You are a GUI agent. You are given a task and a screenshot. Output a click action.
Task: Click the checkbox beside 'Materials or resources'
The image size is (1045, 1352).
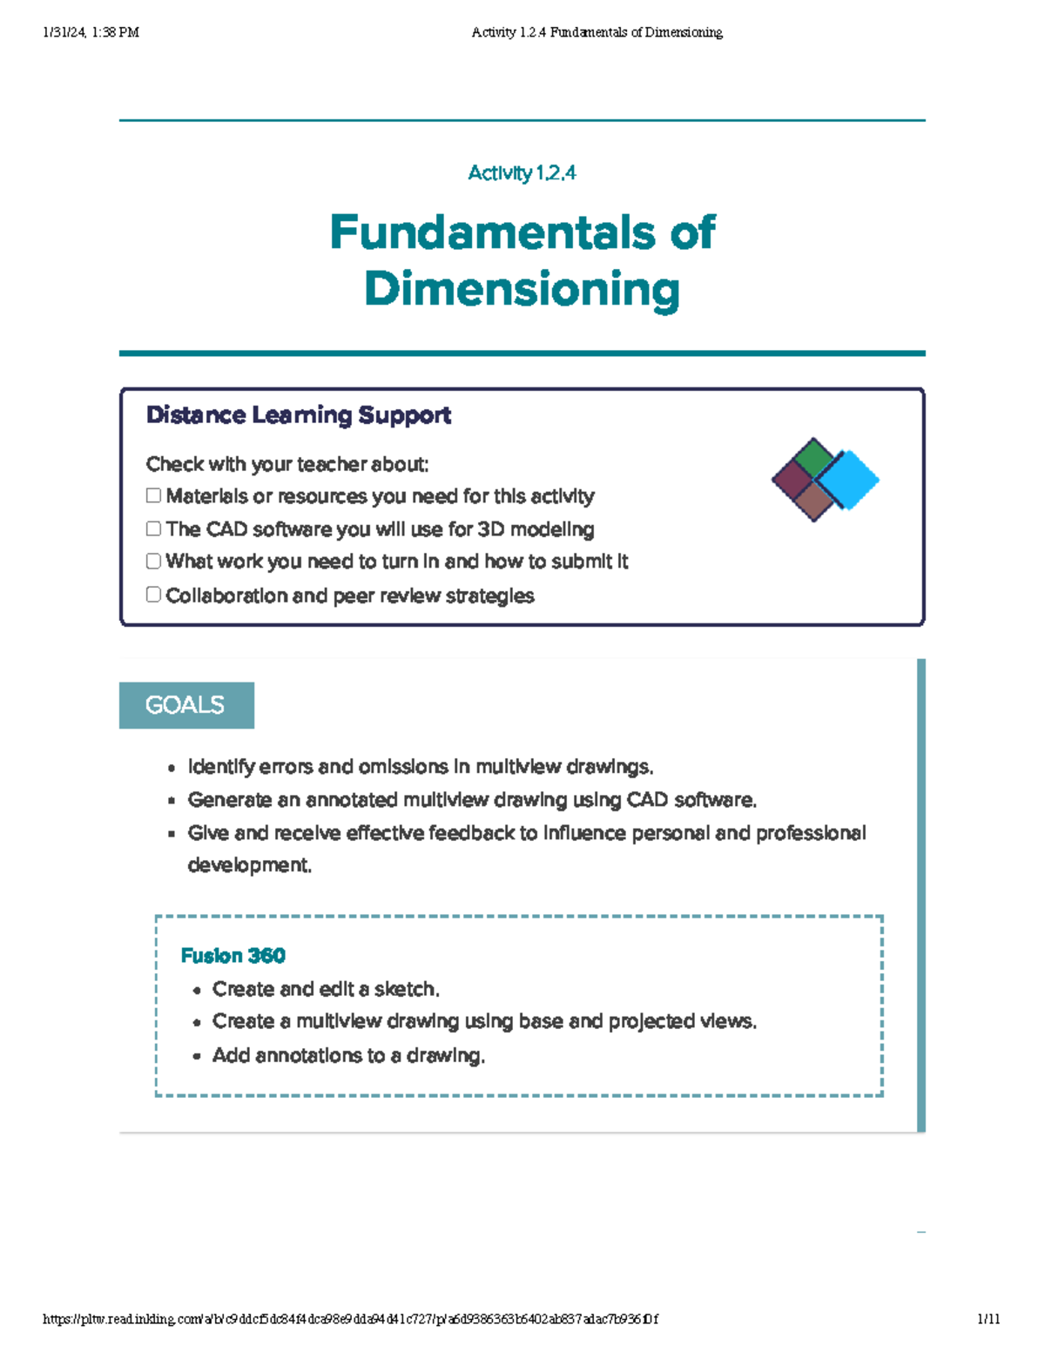click(x=153, y=495)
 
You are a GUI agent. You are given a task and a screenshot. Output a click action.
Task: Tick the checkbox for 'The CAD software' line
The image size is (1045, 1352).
click(x=153, y=528)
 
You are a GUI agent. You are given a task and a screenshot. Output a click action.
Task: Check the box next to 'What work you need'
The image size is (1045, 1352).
click(x=153, y=561)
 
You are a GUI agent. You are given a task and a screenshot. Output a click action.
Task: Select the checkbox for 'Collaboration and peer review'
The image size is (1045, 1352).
click(x=153, y=595)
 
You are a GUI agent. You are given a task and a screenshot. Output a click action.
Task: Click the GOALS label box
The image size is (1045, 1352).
click(x=186, y=705)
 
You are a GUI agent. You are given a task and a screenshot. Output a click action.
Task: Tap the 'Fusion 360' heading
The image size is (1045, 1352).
click(x=233, y=956)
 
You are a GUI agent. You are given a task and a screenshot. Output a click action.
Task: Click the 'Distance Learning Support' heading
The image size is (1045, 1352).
click(x=298, y=415)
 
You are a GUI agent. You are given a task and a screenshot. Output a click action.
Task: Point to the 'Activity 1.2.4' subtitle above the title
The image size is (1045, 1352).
click(x=522, y=173)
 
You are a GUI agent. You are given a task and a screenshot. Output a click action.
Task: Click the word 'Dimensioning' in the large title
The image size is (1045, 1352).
click(x=522, y=289)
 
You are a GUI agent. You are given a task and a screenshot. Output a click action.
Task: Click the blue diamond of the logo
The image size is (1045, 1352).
click(x=847, y=480)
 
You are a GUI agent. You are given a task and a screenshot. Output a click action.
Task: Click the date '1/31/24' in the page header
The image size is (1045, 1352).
click(x=64, y=33)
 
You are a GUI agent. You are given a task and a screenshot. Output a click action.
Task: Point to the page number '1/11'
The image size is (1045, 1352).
click(x=988, y=1319)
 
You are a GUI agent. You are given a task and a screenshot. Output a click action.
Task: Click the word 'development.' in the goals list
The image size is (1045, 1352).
click(x=249, y=865)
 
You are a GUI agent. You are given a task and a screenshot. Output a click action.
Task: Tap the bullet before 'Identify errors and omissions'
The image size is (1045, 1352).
click(x=172, y=768)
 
